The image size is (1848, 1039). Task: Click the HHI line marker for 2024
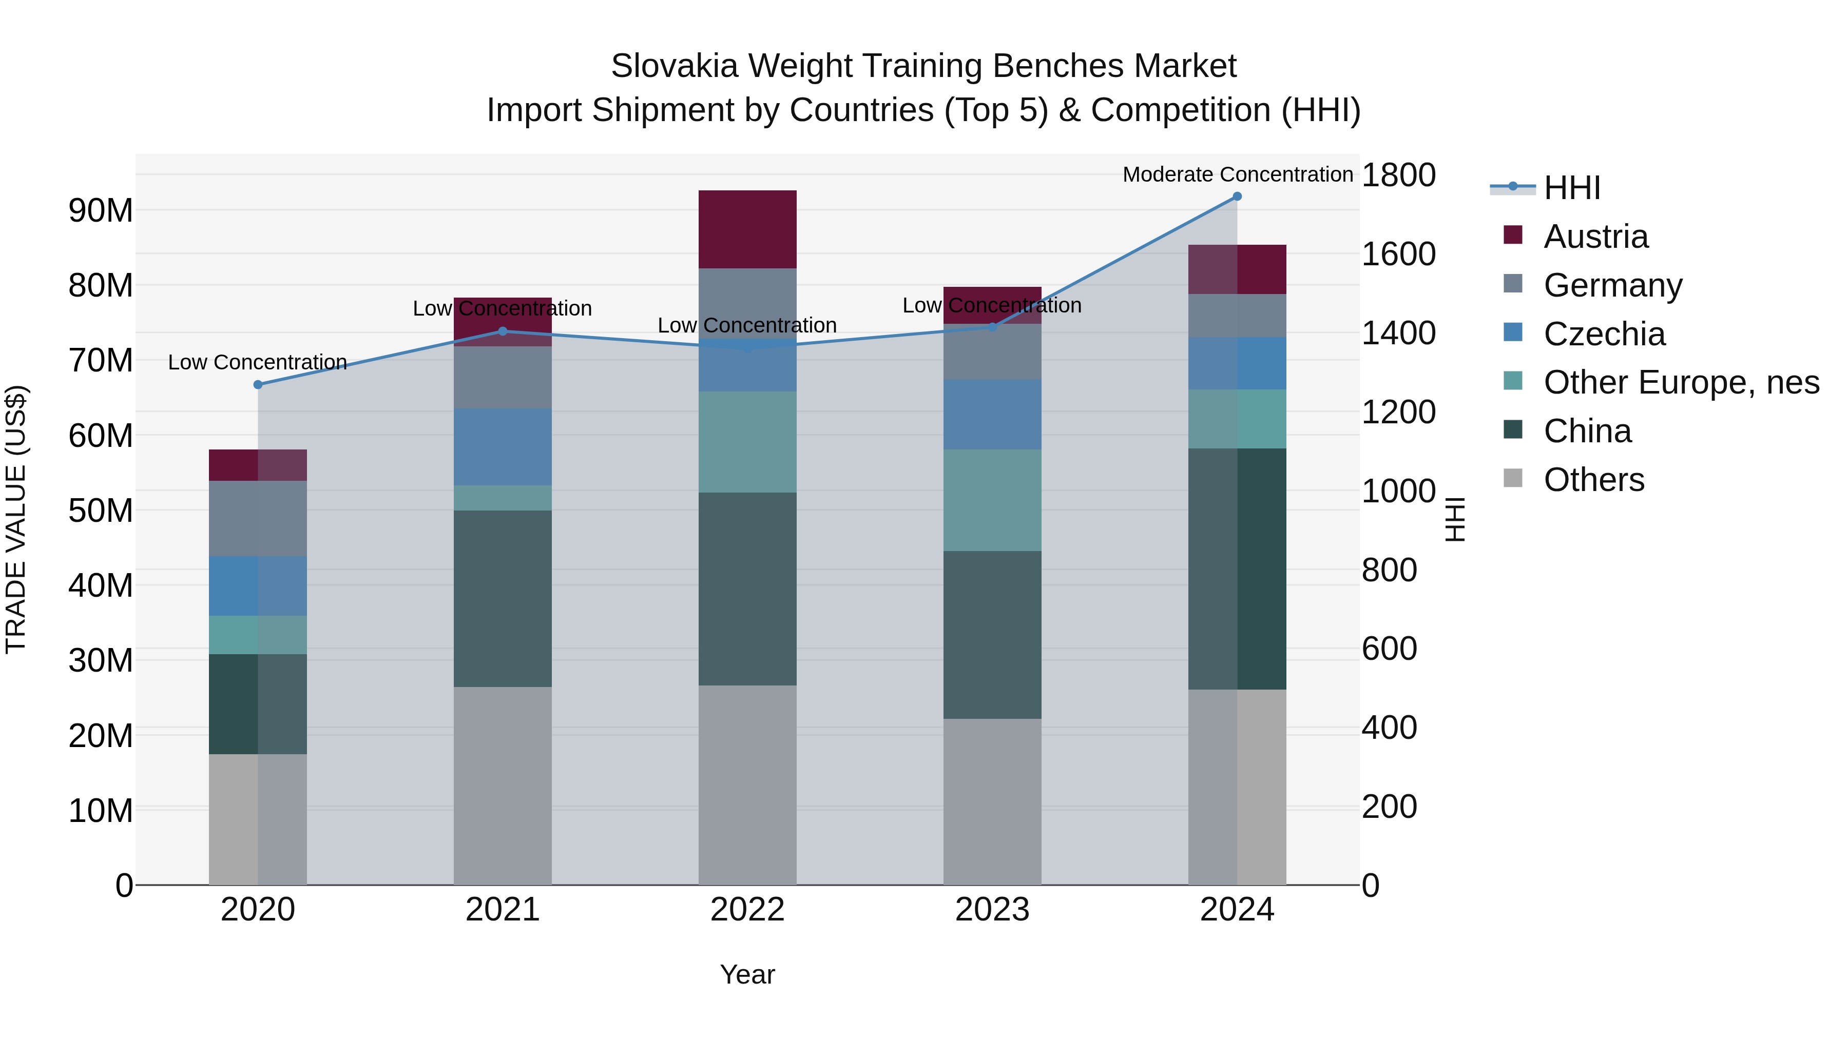(x=1237, y=197)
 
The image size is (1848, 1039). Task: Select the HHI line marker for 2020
(x=258, y=384)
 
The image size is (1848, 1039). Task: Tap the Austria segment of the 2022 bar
(x=747, y=229)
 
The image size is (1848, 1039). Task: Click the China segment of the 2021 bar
(x=502, y=599)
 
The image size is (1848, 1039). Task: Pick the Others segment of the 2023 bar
(x=992, y=801)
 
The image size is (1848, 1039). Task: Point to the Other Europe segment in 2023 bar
(x=992, y=500)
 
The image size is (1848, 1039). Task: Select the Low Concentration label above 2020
(x=258, y=362)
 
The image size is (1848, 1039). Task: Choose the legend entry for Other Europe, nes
(x=1681, y=382)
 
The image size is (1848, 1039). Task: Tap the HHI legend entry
(x=1571, y=188)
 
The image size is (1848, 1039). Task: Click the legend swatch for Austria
(x=1512, y=235)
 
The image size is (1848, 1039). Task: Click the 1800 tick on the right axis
(x=1398, y=175)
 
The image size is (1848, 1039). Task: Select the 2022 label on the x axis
(x=747, y=910)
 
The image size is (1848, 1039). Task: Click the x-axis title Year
(x=747, y=974)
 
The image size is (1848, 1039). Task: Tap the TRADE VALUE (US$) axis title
(x=16, y=519)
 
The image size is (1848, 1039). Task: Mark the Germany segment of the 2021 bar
(x=502, y=378)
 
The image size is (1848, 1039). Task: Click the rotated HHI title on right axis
(x=1454, y=519)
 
